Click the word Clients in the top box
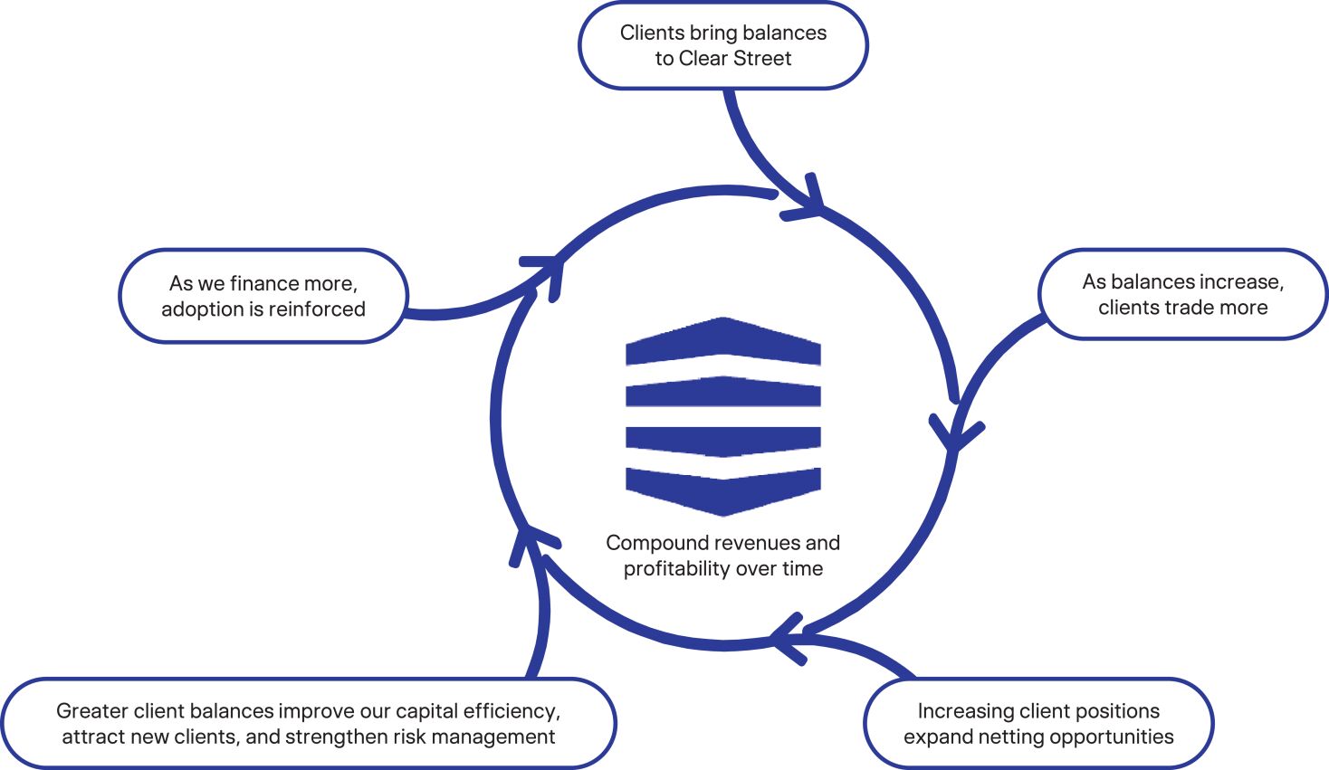pos(652,33)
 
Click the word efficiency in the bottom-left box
pos(516,711)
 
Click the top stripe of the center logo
pos(723,342)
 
